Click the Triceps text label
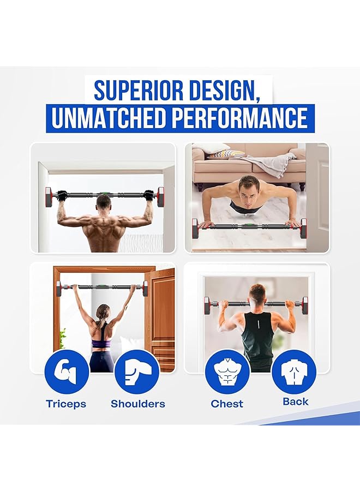click(66, 404)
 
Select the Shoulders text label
click(137, 404)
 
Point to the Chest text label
click(227, 404)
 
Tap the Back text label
click(296, 402)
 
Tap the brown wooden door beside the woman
click(161, 322)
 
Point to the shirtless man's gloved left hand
click(62, 195)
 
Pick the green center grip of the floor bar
click(248, 225)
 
